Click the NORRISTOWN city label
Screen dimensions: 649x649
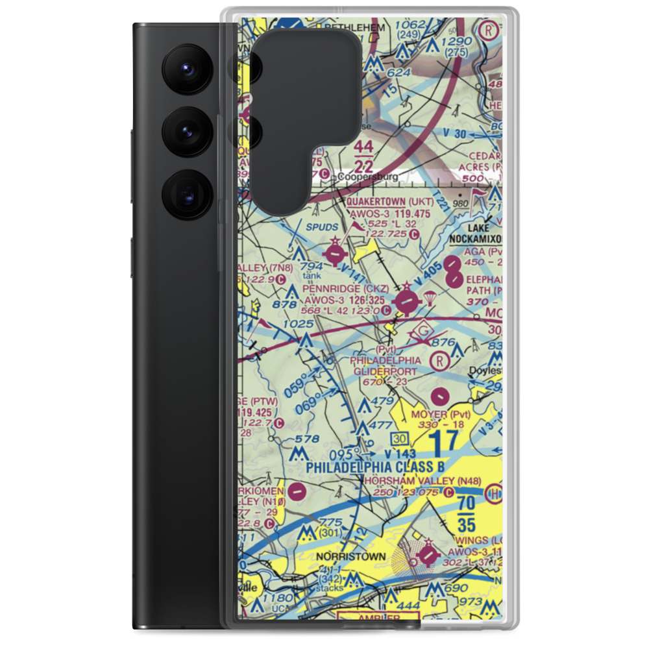[x=350, y=557]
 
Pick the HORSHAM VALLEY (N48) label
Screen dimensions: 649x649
[x=422, y=481]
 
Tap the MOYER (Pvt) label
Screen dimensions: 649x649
[x=439, y=413]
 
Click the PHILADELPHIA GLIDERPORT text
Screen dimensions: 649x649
[x=386, y=365]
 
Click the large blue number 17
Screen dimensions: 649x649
[x=444, y=443]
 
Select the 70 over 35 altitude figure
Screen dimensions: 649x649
[x=466, y=514]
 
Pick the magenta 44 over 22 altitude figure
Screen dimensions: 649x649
[x=363, y=156]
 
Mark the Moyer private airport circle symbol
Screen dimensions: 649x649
[x=439, y=394]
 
